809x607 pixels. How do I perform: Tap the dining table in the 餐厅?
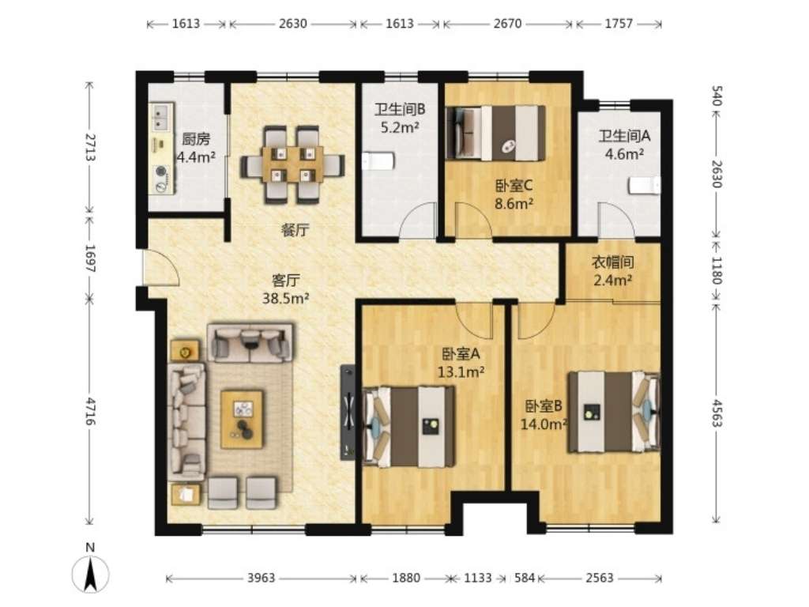coord(292,164)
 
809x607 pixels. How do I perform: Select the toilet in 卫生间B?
coord(378,161)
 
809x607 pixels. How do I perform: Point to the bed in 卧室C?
coord(496,133)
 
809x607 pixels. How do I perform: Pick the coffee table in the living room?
coord(242,419)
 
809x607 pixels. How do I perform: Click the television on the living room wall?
coord(348,413)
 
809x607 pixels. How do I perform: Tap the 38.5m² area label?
coord(286,298)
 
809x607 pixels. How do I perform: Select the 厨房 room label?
coord(196,139)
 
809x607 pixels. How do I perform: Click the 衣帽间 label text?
coord(612,262)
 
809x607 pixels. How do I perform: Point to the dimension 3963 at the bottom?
coord(261,578)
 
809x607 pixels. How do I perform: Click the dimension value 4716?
coord(91,411)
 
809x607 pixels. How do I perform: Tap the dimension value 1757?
coord(619,24)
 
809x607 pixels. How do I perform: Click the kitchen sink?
coord(160,118)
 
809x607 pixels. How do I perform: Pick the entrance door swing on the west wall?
coord(161,267)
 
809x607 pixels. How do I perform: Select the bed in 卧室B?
coord(614,412)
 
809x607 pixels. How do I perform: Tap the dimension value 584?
coord(525,578)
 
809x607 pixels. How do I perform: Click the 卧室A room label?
coord(461,354)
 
